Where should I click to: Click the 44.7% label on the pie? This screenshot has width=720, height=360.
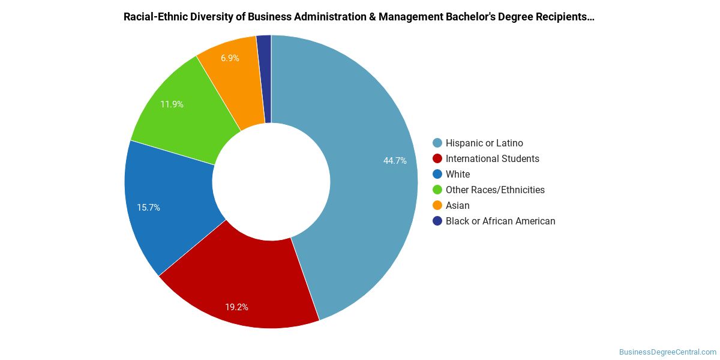395,161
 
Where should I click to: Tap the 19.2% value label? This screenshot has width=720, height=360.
236,307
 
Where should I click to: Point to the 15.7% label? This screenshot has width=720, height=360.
148,208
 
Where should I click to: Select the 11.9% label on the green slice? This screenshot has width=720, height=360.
172,104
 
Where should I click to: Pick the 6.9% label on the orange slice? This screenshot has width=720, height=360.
230,58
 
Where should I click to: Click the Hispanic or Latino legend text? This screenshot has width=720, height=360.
484,143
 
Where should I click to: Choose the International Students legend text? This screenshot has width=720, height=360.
492,159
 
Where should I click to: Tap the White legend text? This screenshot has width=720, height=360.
458,175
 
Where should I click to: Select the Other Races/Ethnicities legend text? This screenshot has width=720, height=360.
495,190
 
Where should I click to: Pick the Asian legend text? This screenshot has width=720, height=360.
458,206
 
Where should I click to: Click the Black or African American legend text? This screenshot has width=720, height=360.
500,221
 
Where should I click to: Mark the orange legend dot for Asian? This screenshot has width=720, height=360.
437,206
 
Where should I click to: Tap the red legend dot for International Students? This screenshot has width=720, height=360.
437,159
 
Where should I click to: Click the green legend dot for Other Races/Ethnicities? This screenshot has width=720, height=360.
437,190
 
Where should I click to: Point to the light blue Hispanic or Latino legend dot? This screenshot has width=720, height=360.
437,143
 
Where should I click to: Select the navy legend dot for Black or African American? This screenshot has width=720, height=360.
437,221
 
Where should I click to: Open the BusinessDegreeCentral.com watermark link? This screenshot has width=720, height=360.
667,352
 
